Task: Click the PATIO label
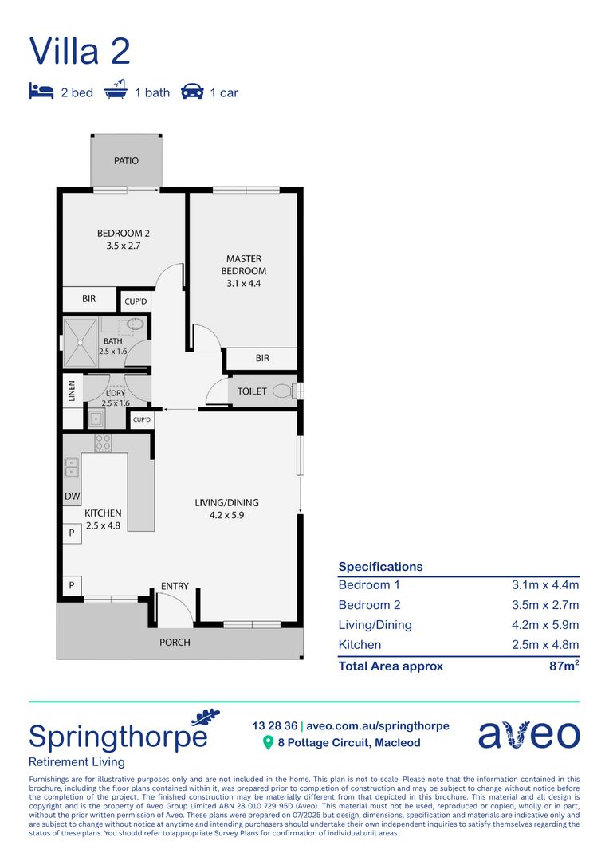[126, 161]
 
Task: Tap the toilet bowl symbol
[282, 391]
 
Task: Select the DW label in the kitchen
[71, 497]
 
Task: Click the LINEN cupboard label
[71, 391]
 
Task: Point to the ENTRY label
[175, 586]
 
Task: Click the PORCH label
[175, 642]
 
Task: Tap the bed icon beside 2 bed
[41, 92]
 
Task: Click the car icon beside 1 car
[192, 92]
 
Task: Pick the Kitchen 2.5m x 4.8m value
[545, 645]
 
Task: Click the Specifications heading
[380, 567]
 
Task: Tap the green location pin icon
[269, 743]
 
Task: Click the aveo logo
[528, 733]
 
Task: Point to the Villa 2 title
[80, 51]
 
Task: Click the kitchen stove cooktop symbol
[103, 442]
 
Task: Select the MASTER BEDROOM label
[243, 265]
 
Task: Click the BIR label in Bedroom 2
[89, 299]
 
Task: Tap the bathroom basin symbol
[136, 324]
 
